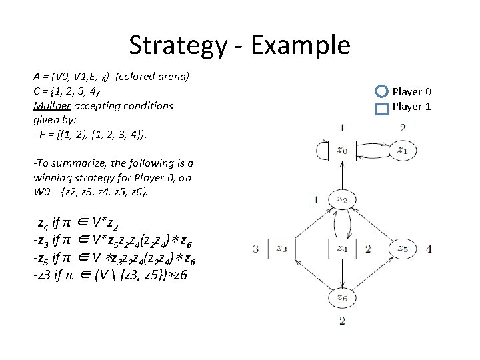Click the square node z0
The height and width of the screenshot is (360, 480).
(341, 151)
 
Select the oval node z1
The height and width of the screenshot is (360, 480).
(402, 151)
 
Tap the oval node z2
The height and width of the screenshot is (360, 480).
(341, 199)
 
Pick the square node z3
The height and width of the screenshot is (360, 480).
(281, 249)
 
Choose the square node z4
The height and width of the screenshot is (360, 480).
(341, 249)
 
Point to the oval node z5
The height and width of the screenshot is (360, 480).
(402, 249)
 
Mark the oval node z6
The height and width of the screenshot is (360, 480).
(341, 297)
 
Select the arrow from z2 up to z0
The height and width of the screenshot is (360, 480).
(341, 175)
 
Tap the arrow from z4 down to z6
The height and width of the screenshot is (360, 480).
(341, 273)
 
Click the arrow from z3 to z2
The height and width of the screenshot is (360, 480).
(311, 224)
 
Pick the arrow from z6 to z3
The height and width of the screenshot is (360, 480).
(311, 273)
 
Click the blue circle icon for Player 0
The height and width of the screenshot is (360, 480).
(381, 92)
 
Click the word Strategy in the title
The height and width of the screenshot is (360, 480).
(177, 45)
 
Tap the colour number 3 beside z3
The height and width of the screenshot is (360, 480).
(256, 249)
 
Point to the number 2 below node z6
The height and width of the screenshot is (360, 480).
(342, 321)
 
